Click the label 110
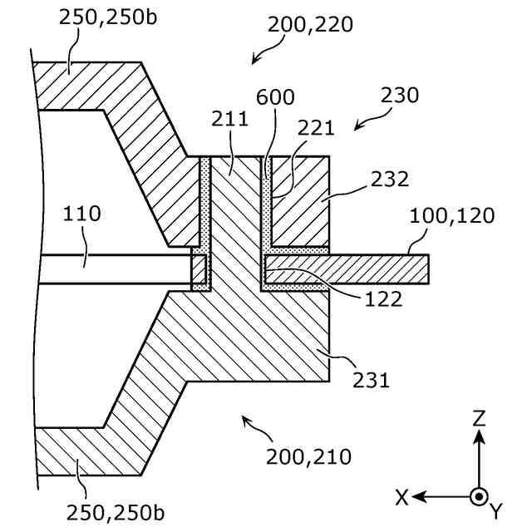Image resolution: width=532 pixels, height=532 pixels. click(82, 214)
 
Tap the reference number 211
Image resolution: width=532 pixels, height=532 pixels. click(229, 118)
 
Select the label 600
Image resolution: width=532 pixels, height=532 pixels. click(275, 97)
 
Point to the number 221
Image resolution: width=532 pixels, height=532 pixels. click(317, 128)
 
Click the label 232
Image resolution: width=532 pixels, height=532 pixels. click(391, 179)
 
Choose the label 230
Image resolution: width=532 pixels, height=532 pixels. click(400, 95)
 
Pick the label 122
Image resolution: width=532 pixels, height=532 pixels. click(384, 298)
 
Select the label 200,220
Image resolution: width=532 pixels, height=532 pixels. click(310, 24)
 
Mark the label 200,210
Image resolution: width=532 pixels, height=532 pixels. click(308, 456)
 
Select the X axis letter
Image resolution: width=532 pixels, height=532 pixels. click(401, 497)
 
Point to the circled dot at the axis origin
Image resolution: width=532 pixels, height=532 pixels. click(478, 496)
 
